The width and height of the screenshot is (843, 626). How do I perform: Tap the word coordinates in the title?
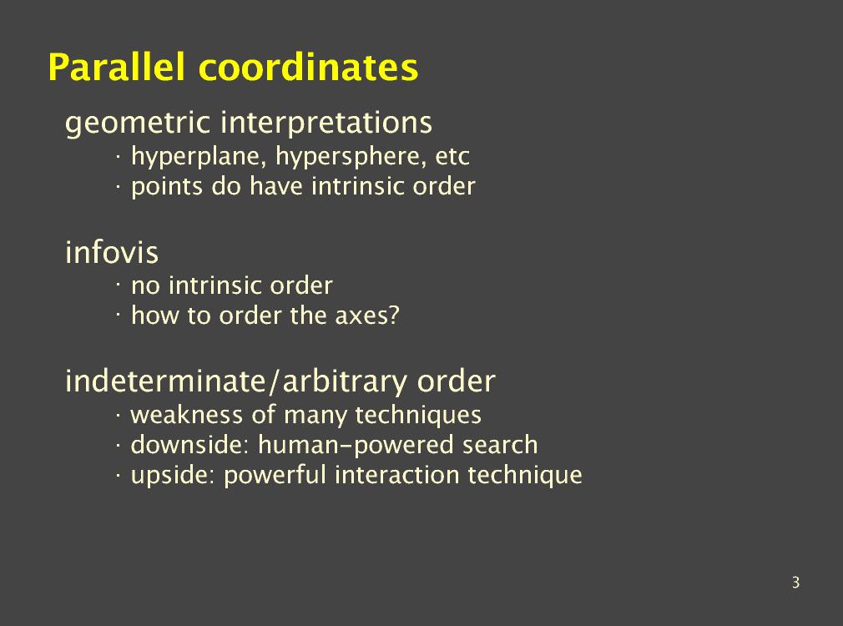point(309,68)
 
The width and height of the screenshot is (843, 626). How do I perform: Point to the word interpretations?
point(327,124)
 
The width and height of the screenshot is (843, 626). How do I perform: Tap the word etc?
point(452,157)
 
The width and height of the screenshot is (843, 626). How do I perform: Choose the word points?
point(167,187)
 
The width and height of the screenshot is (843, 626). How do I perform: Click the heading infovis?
point(112,252)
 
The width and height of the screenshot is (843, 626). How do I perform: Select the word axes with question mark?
point(367,316)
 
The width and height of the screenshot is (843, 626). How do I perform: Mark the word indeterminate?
point(165,381)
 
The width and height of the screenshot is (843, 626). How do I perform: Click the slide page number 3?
point(795,583)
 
